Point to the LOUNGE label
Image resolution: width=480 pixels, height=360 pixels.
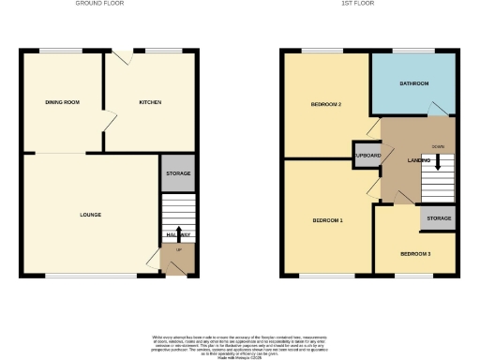pos(90,215)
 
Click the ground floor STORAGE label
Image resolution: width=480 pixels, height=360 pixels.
pos(178,173)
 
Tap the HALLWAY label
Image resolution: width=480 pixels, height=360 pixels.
pos(178,235)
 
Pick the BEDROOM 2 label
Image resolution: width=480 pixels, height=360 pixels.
pos(325,105)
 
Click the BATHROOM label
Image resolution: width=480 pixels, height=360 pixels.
pos(413,83)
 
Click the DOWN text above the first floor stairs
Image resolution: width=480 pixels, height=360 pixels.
pos(437,147)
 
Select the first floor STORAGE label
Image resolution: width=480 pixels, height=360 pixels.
pos(439,218)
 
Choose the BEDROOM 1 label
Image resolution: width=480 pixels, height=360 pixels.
pos(327,220)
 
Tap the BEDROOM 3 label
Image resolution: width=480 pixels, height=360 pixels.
pos(415,254)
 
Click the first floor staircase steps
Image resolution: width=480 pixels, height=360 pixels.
pos(437,174)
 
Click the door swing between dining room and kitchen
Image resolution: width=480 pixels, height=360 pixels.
pos(110,119)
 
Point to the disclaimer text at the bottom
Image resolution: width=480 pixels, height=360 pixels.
pos(239,343)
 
